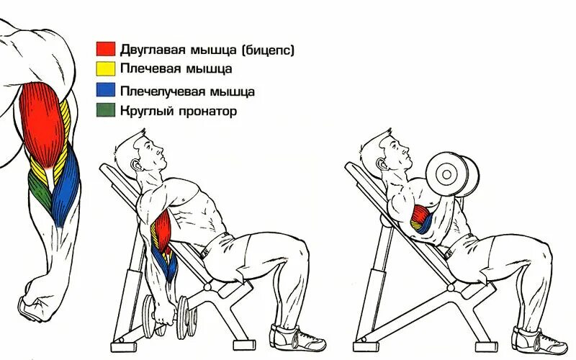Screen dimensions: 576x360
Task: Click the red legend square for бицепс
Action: pos(106,49)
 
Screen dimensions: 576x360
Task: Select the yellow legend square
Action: pos(106,69)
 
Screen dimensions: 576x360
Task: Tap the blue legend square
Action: pos(106,91)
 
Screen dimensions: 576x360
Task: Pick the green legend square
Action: pos(106,111)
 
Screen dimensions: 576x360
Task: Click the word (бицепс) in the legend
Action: pos(269,50)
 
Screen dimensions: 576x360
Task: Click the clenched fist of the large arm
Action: pos(36,302)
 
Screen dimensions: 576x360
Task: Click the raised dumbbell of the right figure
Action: pos(451,175)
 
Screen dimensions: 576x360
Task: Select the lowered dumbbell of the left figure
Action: pos(168,313)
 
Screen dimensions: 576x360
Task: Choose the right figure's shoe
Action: pos(536,339)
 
